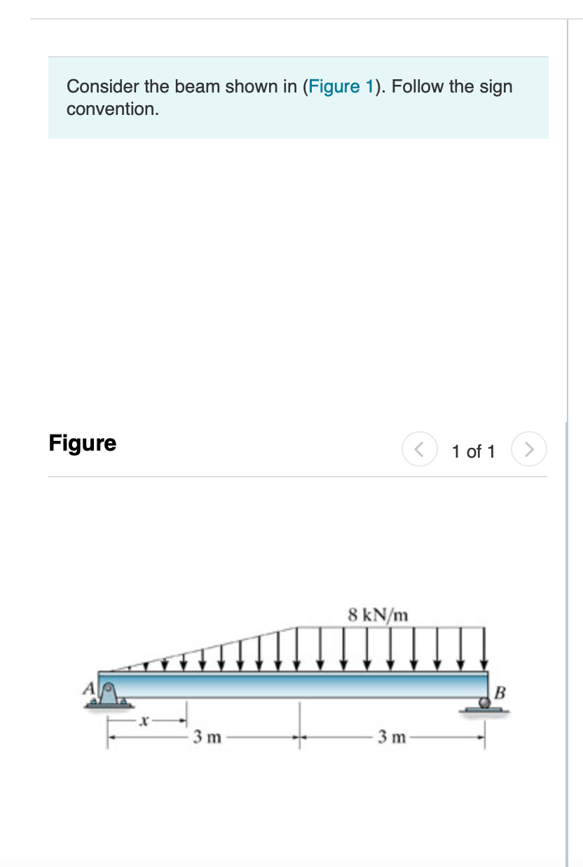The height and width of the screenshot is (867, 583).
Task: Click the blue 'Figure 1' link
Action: click(x=341, y=86)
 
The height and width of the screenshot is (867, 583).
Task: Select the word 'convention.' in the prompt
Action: click(x=113, y=109)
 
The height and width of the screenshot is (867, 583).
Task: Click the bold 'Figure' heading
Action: click(x=83, y=443)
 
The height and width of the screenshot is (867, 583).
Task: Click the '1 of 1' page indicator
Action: click(x=473, y=451)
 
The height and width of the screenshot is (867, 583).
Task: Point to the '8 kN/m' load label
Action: click(x=378, y=615)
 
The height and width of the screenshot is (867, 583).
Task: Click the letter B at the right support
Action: click(x=500, y=692)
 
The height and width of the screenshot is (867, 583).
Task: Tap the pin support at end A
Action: click(x=109, y=695)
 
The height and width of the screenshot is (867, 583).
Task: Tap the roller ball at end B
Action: click(x=484, y=702)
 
